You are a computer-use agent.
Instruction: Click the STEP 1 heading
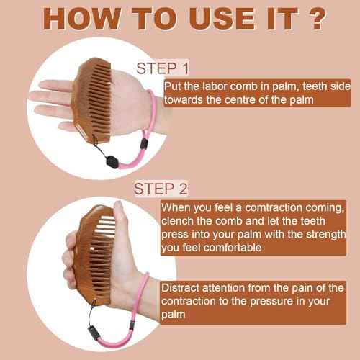(x=161, y=69)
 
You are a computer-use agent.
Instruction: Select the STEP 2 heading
(x=161, y=189)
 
